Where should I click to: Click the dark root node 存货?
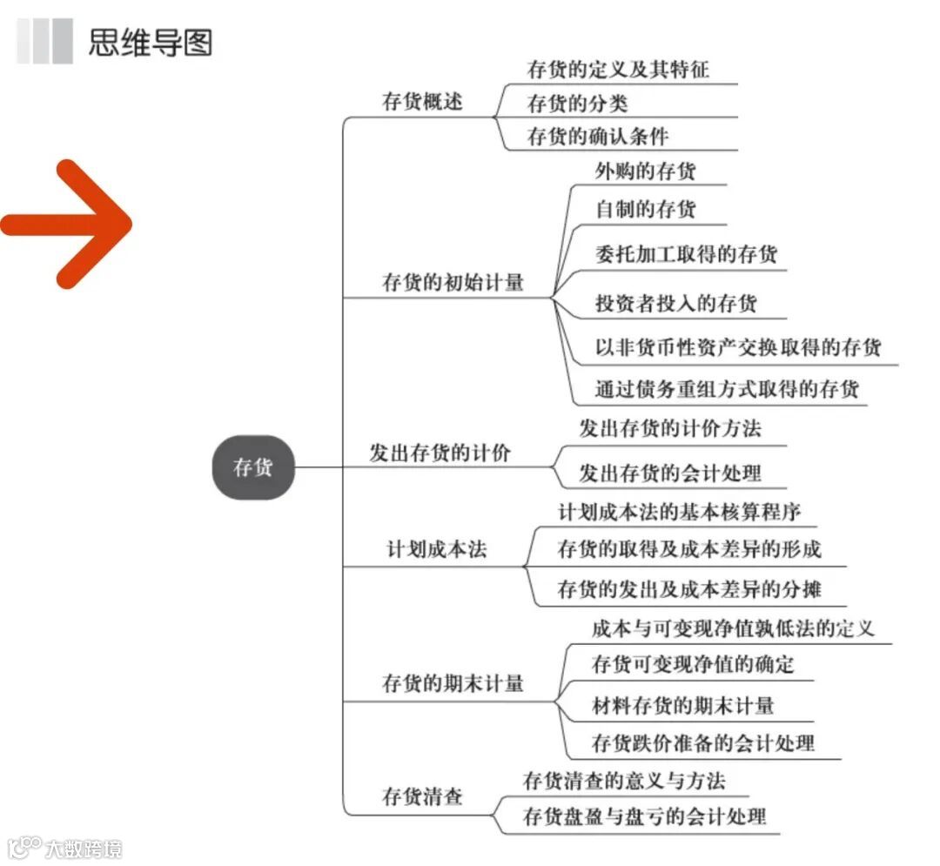252,468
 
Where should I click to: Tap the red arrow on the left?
68,224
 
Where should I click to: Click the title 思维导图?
150,42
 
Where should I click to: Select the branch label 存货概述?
423,102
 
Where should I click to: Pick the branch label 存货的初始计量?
453,282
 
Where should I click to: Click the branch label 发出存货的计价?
440,453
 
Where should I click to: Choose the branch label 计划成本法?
436,550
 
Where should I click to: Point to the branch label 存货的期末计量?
453,683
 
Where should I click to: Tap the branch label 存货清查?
423,796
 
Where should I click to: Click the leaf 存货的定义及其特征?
618,69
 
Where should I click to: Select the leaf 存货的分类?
577,104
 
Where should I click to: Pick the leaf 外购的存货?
646,171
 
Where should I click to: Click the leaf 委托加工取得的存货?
686,254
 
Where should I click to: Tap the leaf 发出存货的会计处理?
670,473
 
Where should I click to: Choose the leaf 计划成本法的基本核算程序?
679,512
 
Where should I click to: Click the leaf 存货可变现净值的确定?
693,665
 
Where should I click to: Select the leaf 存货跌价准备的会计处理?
703,742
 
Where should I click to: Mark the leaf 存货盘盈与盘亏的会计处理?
644,816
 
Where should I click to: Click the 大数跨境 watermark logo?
64,848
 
